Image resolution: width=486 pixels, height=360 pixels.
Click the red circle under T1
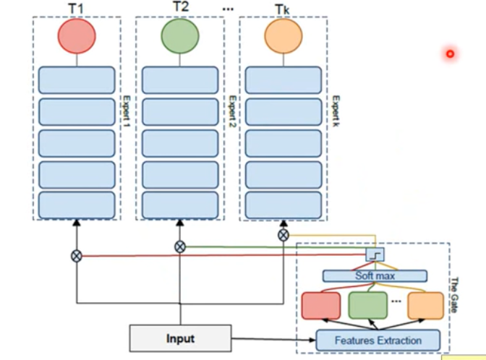76,35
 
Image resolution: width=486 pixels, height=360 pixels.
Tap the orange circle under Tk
283,35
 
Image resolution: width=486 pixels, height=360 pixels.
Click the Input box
180,338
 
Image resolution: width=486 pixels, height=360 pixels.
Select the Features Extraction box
378,340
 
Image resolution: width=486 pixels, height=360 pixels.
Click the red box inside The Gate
320,305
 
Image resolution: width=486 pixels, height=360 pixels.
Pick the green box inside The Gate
368,305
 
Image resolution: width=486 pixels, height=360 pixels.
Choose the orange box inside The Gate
425,305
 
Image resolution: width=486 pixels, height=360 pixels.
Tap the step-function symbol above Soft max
374,254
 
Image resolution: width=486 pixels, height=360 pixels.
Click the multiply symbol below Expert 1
76,255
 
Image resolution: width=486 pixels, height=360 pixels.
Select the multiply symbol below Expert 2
179,247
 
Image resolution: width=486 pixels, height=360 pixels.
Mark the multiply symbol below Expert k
283,235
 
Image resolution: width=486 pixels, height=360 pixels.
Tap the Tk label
282,8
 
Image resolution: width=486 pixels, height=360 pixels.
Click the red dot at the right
450,53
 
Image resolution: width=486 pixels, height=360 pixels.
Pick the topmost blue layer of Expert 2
179,80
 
